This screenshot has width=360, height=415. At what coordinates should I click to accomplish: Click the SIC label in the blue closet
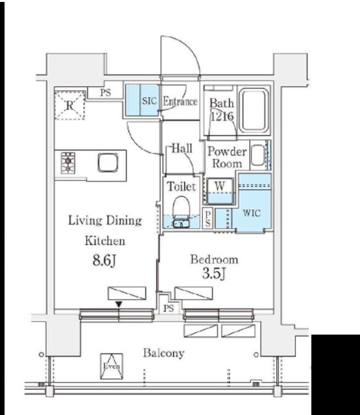point(149,101)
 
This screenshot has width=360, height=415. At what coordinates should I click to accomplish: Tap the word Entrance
point(180,101)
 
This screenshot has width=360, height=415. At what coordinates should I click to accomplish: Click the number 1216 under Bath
point(222,116)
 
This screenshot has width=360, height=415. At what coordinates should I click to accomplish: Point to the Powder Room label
point(227,157)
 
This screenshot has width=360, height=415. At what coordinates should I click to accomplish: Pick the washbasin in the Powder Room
point(258,155)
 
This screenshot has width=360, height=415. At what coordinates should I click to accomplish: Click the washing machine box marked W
point(220,191)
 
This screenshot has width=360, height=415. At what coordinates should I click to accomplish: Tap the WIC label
point(252,213)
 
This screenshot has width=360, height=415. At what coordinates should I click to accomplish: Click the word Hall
point(182,148)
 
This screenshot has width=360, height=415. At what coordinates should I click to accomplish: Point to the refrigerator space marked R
point(69,105)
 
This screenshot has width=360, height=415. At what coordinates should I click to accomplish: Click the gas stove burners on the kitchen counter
point(68,163)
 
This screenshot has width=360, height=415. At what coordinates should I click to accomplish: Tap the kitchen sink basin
point(108,163)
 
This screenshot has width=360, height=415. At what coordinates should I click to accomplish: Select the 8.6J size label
point(104,261)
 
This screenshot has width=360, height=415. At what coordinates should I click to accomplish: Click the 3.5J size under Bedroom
point(214,274)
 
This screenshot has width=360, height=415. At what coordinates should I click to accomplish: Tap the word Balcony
point(163,353)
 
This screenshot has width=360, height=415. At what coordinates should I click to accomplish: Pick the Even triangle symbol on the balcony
point(112,366)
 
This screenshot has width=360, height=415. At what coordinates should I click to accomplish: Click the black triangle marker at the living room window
point(119,305)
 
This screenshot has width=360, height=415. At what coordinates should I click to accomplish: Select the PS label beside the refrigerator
point(105,93)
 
